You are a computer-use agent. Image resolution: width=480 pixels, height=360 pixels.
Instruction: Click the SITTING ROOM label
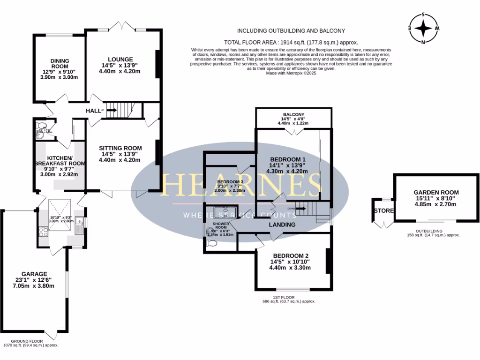tap(120, 148)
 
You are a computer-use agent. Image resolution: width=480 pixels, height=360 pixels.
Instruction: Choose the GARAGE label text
tap(34, 274)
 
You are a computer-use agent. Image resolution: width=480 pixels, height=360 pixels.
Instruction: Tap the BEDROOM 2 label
tap(291, 255)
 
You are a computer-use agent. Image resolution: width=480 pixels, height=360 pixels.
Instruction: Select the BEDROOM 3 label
tap(230, 182)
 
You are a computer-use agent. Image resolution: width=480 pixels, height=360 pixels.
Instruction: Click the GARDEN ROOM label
tap(436, 192)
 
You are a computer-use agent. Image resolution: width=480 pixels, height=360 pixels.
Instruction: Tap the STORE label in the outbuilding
tap(383, 210)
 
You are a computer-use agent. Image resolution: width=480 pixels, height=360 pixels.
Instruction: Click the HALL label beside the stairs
tap(94, 111)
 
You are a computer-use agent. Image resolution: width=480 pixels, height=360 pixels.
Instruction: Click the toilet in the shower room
tap(212, 243)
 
